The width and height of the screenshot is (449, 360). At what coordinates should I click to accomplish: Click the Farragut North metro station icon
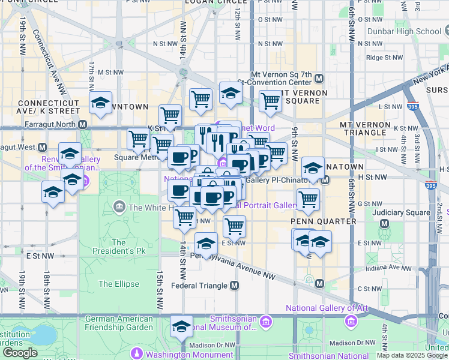[83, 124]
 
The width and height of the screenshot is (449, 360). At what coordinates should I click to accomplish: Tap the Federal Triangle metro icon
[234, 286]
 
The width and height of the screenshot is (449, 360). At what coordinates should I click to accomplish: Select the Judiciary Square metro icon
[385, 223]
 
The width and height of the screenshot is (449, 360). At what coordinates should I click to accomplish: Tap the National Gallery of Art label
[327, 308]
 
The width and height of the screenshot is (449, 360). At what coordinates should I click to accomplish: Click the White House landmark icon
[119, 208]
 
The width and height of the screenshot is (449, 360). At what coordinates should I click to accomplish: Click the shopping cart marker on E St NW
[234, 226]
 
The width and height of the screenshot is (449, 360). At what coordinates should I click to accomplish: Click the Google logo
[20, 353]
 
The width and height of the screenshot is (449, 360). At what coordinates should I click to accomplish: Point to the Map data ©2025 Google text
[412, 355]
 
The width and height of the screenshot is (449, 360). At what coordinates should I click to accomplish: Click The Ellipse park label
[119, 284]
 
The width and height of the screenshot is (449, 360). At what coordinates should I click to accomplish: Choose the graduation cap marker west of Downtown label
[101, 103]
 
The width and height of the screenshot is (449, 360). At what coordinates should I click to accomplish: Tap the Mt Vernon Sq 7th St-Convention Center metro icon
[319, 79]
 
